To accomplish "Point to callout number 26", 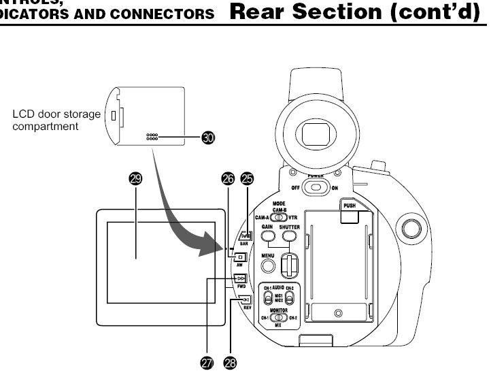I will point(228,179).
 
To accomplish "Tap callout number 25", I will point(248,179).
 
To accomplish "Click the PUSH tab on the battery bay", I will point(350,214).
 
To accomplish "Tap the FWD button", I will point(240,278).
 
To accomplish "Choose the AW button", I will point(240,257).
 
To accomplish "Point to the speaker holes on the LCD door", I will point(152,137).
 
